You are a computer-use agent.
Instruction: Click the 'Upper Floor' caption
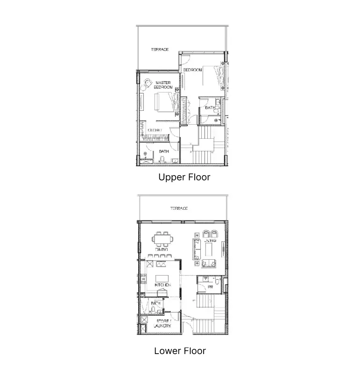coord(184,177)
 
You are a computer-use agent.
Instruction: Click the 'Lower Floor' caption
coord(180,351)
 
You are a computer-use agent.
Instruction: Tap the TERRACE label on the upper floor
coord(160,50)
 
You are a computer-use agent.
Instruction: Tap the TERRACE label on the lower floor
coord(179,208)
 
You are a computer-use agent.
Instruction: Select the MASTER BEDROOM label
coord(163,85)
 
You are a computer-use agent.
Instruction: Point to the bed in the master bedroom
coord(164,102)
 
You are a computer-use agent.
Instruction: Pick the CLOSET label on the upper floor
coord(155,130)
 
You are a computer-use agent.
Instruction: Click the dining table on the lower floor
coord(162,240)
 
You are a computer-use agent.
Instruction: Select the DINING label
coord(162,249)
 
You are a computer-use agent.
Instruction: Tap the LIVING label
coord(216,241)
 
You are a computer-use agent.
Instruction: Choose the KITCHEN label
coord(162,284)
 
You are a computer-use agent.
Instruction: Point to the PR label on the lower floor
coord(210,287)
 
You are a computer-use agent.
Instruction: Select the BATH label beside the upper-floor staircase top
coord(210,108)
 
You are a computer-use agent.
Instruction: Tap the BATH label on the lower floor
coord(155,304)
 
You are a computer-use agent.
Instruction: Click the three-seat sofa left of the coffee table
coord(197,248)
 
